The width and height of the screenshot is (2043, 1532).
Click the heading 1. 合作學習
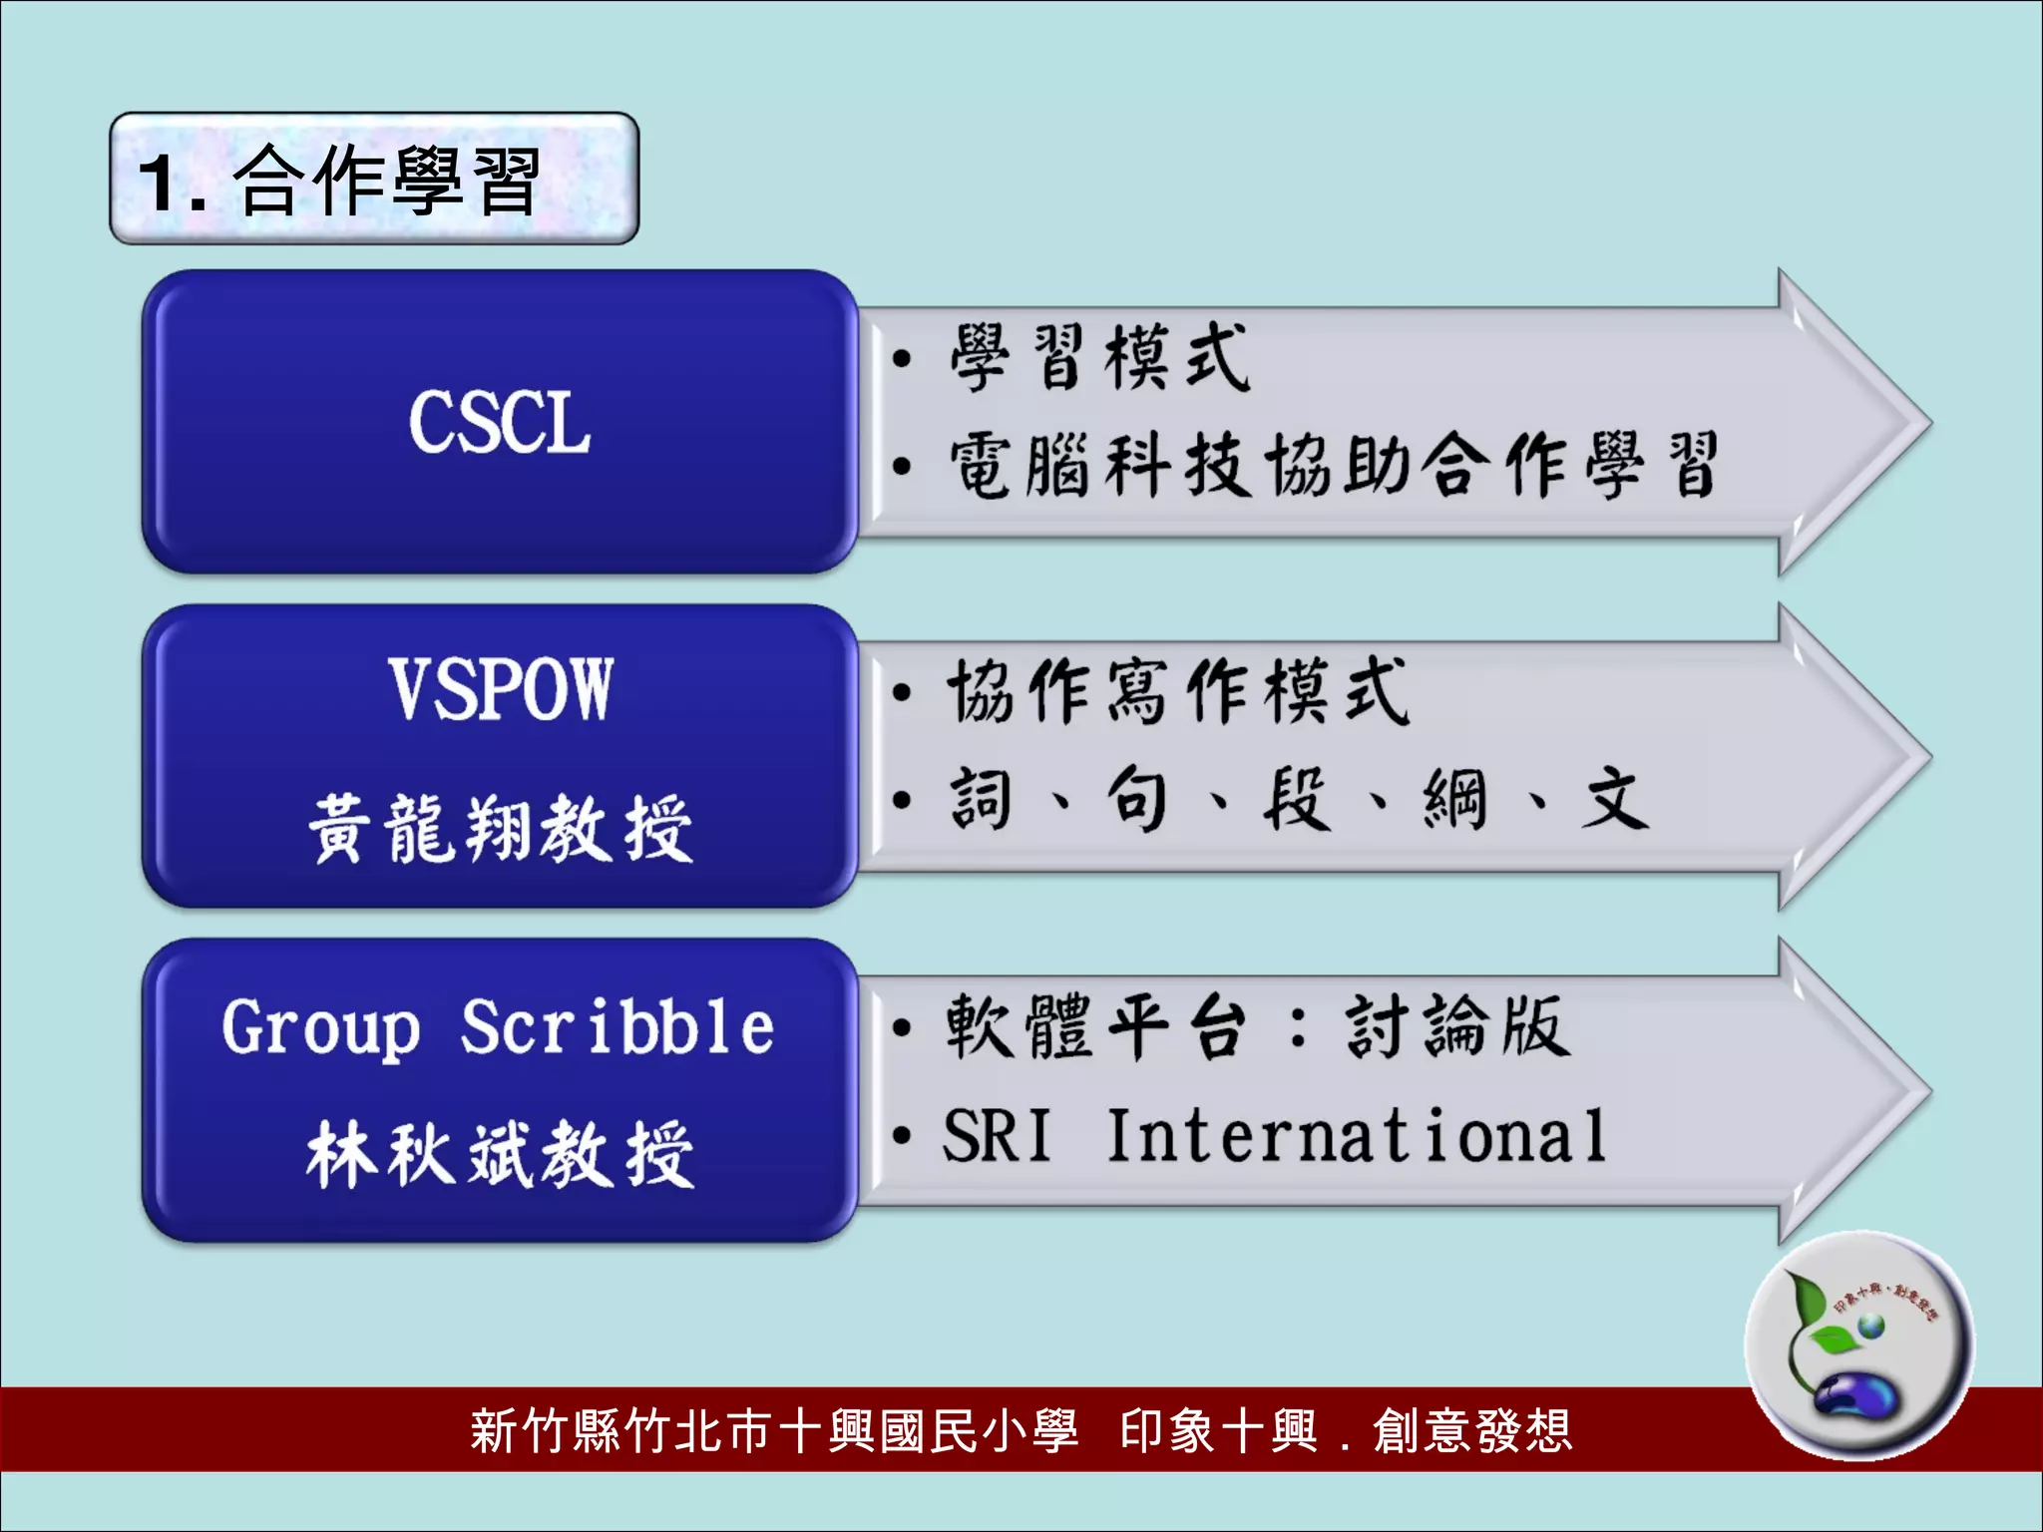tap(339, 182)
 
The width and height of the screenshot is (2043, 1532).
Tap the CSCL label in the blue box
tap(499, 423)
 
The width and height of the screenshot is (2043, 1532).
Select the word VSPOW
tap(499, 689)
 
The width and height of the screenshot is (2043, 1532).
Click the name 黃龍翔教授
tap(499, 829)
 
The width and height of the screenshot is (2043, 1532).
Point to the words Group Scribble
tap(497, 1027)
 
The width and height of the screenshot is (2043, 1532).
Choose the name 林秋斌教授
tap(499, 1154)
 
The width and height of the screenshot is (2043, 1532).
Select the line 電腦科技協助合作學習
tap(1332, 466)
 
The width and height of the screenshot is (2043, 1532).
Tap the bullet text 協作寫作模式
tap(1177, 691)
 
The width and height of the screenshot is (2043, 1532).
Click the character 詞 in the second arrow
tap(980, 799)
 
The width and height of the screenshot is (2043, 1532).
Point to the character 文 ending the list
tap(1613, 799)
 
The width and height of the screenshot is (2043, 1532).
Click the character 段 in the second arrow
tap(1295, 799)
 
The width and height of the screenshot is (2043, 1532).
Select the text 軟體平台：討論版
tap(1257, 1026)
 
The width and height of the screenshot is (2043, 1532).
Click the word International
tap(1357, 1136)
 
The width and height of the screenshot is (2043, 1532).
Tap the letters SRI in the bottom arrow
tap(996, 1136)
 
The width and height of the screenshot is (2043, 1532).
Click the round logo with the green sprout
tap(1857, 1345)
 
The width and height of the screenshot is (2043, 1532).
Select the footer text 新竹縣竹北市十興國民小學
tap(773, 1431)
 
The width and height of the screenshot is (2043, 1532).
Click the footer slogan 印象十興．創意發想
tap(1345, 1431)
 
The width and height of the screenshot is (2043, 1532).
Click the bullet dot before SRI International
tap(902, 1136)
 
